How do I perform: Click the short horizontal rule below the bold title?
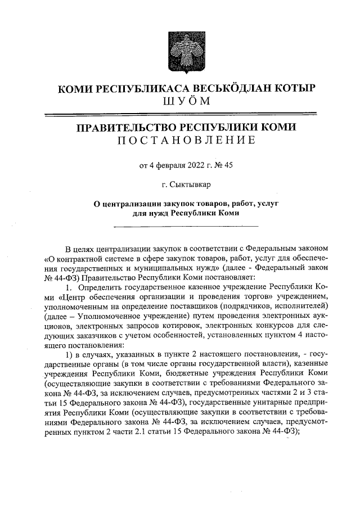click(x=186, y=227)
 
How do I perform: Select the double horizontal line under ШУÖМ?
click(x=179, y=114)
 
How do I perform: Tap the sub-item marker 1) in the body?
click(x=70, y=354)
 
